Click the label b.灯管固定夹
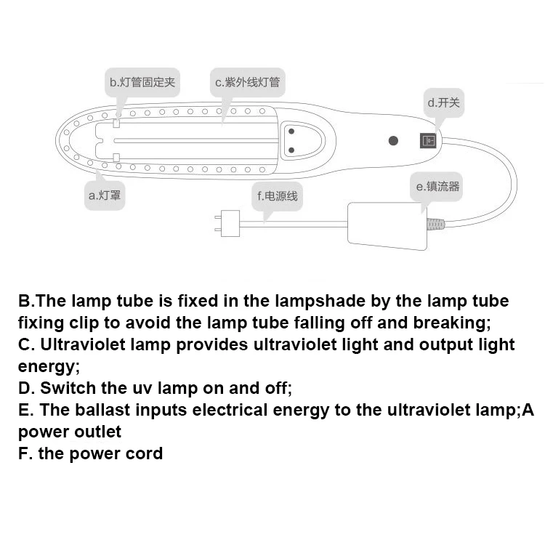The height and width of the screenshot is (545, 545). [x=142, y=82]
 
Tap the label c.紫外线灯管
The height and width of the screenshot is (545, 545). [x=247, y=82]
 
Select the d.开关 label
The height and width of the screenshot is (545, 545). [x=443, y=103]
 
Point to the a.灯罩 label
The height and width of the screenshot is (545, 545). [x=105, y=195]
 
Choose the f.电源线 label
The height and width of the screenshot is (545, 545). [x=277, y=195]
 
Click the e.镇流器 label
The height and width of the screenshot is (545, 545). [x=437, y=187]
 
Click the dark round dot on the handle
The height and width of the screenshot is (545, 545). [x=393, y=140]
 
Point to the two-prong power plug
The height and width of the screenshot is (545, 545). [x=229, y=222]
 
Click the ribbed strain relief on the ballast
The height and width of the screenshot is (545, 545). [x=435, y=224]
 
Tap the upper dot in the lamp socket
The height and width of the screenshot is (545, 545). [x=292, y=132]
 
